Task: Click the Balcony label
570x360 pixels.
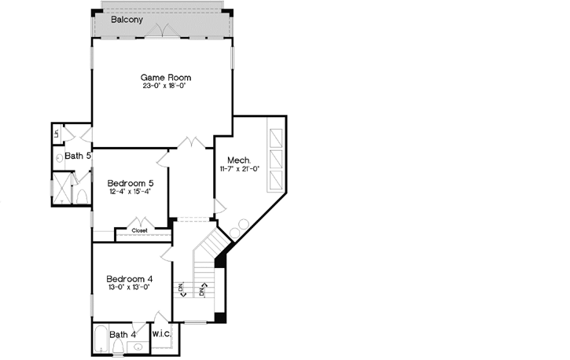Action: [x=127, y=19]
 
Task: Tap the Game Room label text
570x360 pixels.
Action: [x=166, y=77]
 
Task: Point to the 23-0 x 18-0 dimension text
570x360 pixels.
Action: [x=166, y=86]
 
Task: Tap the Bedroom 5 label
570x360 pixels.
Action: [x=130, y=182]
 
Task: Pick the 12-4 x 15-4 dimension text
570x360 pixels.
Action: [x=130, y=192]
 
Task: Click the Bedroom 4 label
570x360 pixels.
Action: [x=130, y=278]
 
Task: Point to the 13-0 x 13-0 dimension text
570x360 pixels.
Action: [x=130, y=288]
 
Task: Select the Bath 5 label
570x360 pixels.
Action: [x=78, y=156]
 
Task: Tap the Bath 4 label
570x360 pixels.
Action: [x=123, y=335]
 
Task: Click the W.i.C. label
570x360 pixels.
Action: [x=162, y=334]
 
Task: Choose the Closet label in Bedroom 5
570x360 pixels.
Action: [x=139, y=231]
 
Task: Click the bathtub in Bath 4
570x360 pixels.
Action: [x=101, y=340]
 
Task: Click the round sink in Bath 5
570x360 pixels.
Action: [x=60, y=157]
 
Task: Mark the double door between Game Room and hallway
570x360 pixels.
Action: [x=190, y=142]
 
